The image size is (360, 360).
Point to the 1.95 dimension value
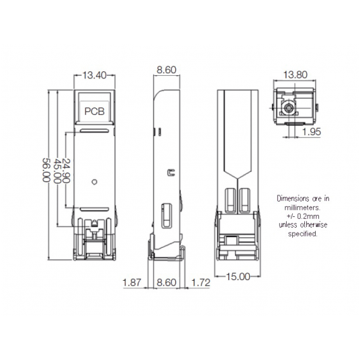tap(311, 132)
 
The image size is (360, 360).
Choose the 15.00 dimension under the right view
tap(238, 275)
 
